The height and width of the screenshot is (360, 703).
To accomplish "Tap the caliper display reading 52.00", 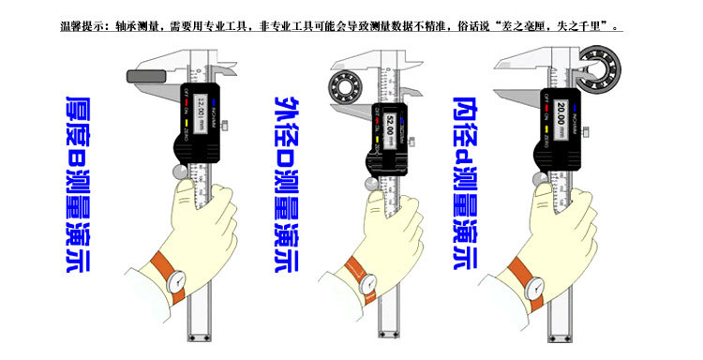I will pos(384,123).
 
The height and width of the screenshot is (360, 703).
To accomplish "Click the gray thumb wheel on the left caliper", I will pos(181,173).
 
